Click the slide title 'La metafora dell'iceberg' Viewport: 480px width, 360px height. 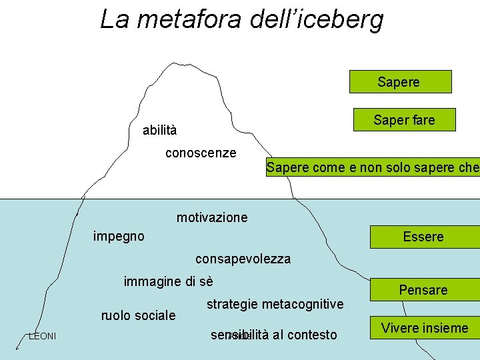click(x=241, y=19)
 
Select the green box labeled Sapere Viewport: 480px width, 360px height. click(x=400, y=82)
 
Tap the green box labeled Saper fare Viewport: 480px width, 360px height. click(x=404, y=120)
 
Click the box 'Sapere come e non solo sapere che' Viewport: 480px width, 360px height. click(x=372, y=167)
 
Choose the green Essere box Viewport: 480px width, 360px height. click(x=423, y=237)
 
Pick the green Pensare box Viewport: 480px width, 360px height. click(x=423, y=290)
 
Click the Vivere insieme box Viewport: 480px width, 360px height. click(x=425, y=327)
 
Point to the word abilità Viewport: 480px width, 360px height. click(x=160, y=130)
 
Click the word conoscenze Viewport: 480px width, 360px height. click(x=201, y=153)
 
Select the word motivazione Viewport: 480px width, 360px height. click(x=212, y=217)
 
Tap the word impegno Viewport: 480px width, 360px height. click(x=119, y=236)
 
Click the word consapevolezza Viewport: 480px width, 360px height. click(x=243, y=259)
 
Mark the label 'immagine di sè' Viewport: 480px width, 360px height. click(x=168, y=282)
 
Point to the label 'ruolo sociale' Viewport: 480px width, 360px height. click(x=138, y=315)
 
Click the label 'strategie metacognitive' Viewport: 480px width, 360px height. click(x=275, y=304)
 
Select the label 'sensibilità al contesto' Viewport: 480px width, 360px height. click(x=273, y=335)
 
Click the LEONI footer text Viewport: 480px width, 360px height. click(x=42, y=336)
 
